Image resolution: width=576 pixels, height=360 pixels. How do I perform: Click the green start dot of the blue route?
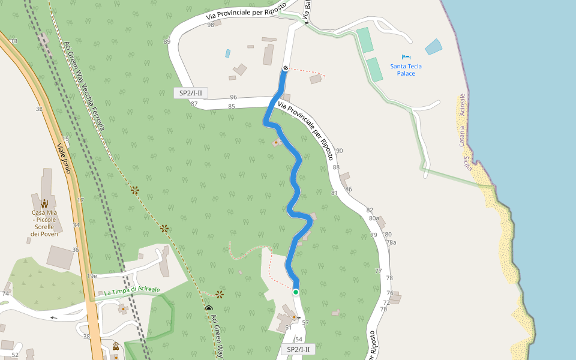click(296, 292)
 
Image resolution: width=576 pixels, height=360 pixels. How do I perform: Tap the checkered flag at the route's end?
click(286, 68)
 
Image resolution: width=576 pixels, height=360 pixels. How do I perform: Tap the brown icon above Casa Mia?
click(44, 202)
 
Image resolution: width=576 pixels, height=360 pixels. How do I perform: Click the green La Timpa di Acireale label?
click(132, 291)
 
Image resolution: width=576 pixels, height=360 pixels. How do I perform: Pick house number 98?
click(211, 25)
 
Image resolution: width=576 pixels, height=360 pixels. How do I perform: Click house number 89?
click(167, 41)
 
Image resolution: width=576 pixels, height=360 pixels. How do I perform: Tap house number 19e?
click(92, 276)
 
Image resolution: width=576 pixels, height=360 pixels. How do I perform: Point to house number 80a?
click(374, 219)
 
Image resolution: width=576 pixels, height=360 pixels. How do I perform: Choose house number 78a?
click(391, 242)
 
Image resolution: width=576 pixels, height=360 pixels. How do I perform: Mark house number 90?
click(339, 151)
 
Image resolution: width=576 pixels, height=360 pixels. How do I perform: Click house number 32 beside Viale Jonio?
click(39, 109)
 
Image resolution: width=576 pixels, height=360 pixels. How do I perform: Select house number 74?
click(5, 293)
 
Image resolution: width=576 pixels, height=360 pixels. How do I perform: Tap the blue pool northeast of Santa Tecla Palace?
click(433, 47)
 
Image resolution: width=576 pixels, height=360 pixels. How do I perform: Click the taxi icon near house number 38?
click(115, 346)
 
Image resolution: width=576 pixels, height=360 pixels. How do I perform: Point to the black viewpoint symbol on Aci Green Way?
click(208, 308)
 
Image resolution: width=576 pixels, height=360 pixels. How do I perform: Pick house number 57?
click(305, 323)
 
